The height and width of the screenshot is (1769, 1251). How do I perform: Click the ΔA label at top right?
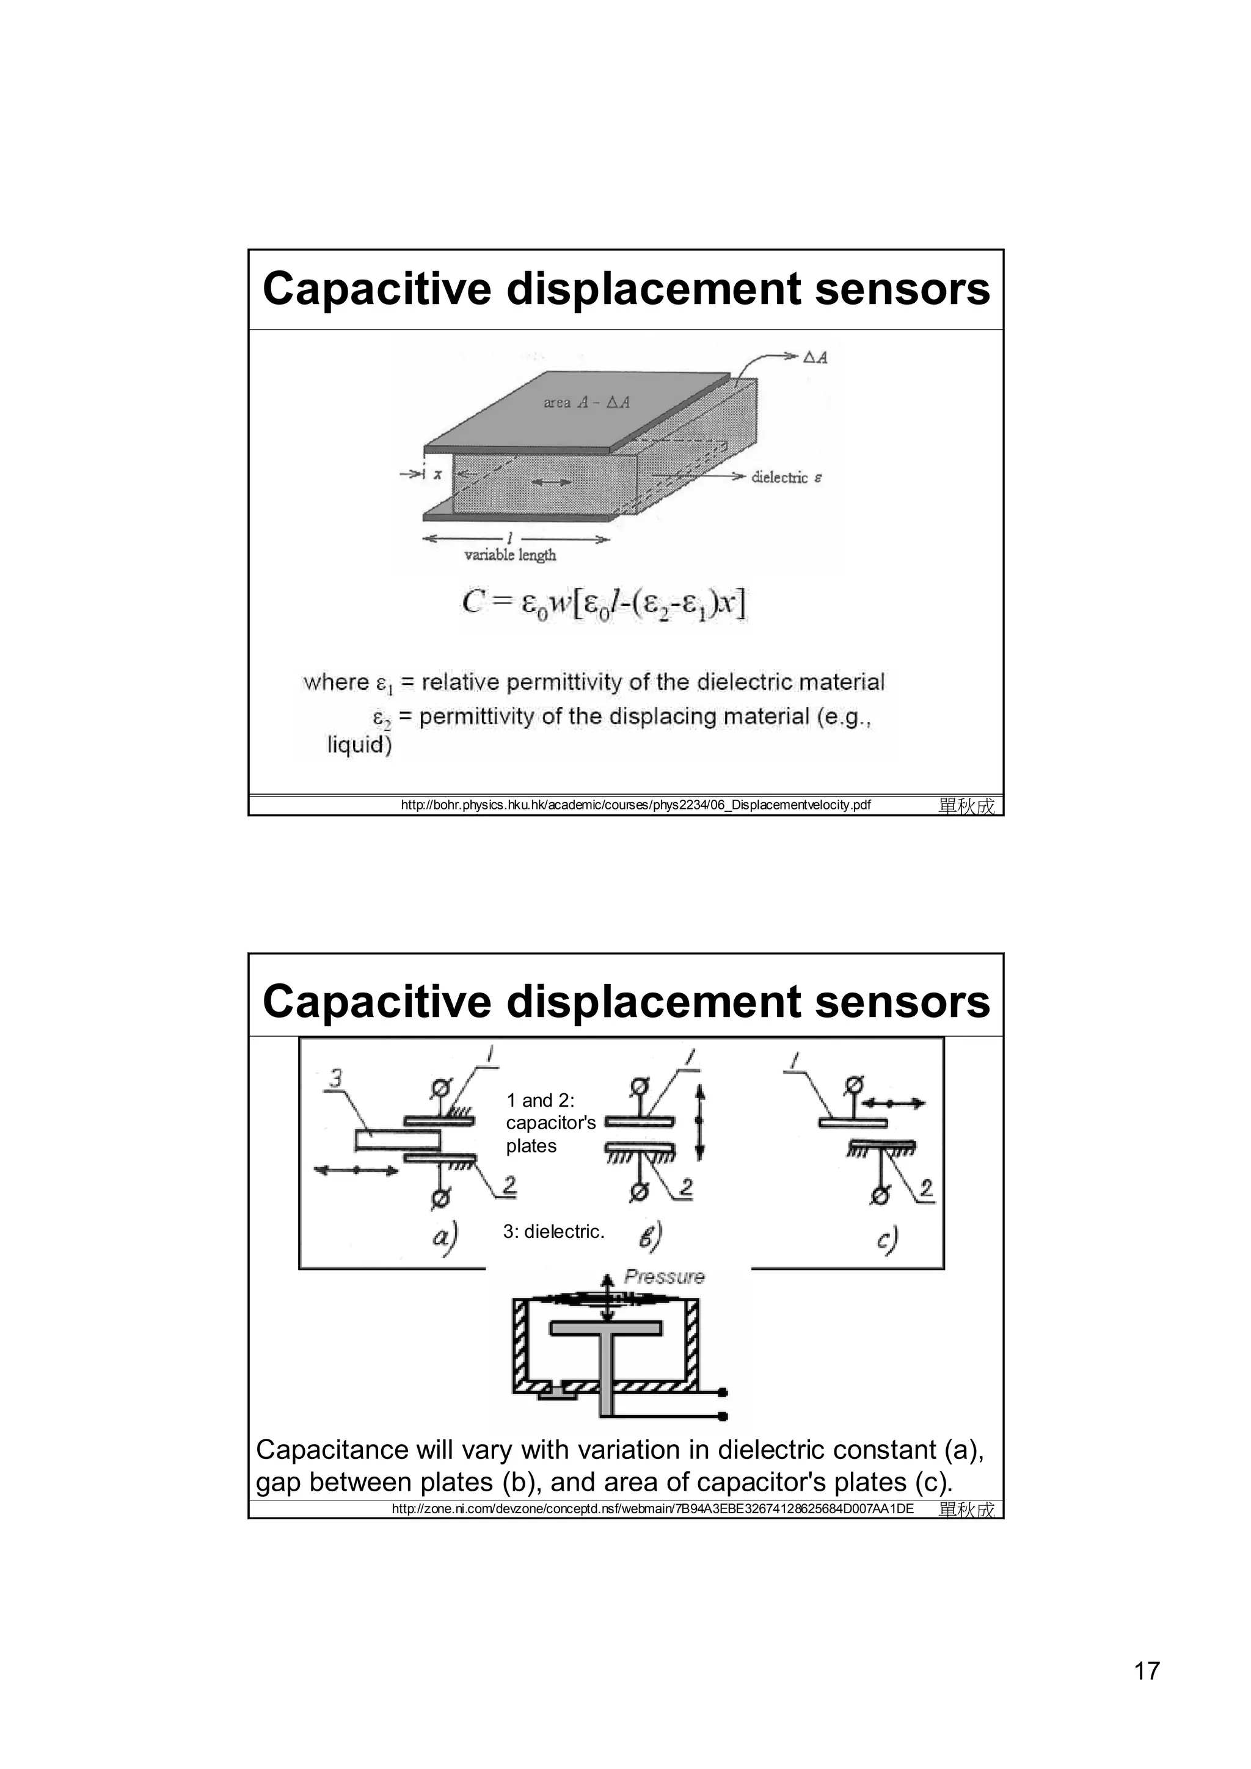click(x=815, y=358)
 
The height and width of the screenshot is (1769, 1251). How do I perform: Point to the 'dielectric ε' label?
click(x=786, y=478)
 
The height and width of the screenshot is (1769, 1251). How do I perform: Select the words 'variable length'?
click(x=509, y=555)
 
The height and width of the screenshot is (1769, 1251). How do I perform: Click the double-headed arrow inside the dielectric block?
click(x=552, y=482)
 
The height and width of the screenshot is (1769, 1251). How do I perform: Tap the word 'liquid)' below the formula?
click(x=359, y=745)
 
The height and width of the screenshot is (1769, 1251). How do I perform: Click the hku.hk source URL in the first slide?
click(x=636, y=805)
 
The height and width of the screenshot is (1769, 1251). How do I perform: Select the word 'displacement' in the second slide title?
click(x=654, y=1001)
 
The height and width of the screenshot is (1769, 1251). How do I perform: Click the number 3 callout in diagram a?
click(x=335, y=1079)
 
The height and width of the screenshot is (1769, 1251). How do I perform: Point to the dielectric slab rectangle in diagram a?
click(x=397, y=1140)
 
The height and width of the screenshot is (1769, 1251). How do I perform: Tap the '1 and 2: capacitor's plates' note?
click(x=550, y=1123)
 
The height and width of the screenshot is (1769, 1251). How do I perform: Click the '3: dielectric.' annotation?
click(x=553, y=1231)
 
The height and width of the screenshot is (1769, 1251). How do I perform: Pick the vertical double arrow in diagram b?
click(x=700, y=1123)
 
